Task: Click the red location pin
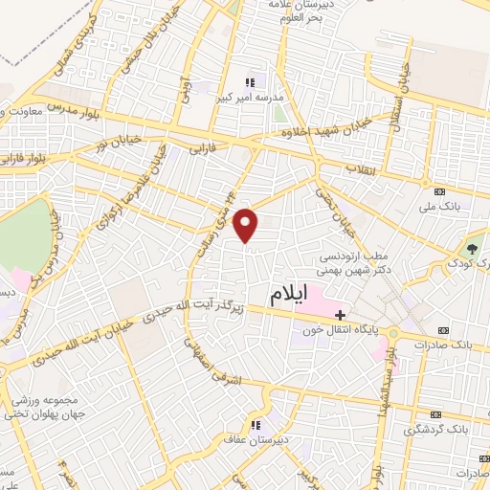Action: tap(247, 225)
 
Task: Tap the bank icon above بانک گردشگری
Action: tap(436, 413)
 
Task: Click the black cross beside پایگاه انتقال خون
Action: tap(342, 314)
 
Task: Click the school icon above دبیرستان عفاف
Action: tap(256, 426)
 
